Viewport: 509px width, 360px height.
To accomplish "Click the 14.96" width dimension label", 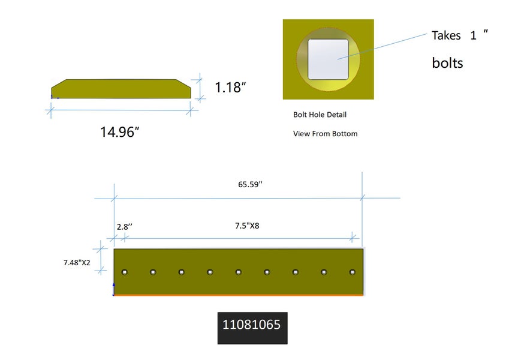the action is (119, 132).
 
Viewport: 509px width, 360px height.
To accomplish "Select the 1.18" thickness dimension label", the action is (230, 88).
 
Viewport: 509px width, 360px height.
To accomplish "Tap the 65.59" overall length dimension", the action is (250, 184).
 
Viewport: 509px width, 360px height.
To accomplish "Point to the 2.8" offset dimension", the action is (125, 226).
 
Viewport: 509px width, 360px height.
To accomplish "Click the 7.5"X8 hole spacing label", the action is (247, 226).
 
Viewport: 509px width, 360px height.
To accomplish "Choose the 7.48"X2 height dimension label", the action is (77, 263).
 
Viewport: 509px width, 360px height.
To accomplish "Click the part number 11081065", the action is (251, 325).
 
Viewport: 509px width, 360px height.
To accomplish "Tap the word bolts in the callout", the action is (447, 63).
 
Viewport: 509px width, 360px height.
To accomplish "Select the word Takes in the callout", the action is (446, 35).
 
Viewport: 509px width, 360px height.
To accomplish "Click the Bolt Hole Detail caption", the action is (320, 115).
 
